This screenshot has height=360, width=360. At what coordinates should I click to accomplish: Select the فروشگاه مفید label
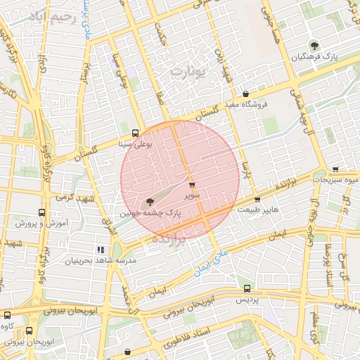pos(245,105)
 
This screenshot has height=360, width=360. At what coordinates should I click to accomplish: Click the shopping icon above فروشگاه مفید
pos(245,94)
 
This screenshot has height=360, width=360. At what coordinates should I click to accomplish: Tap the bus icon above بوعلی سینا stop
pos(135,133)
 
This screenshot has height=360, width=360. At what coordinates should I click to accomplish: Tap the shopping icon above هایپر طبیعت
pos(257,199)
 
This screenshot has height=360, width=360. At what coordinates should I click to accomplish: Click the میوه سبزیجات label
pos(335,180)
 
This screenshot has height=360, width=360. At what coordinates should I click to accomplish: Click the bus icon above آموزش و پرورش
pos(41,212)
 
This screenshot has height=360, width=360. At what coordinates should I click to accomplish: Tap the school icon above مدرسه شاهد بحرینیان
pos(101,250)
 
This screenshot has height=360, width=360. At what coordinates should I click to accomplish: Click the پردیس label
pos(246,299)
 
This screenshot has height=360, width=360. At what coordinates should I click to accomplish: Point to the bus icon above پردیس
pos(246,288)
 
